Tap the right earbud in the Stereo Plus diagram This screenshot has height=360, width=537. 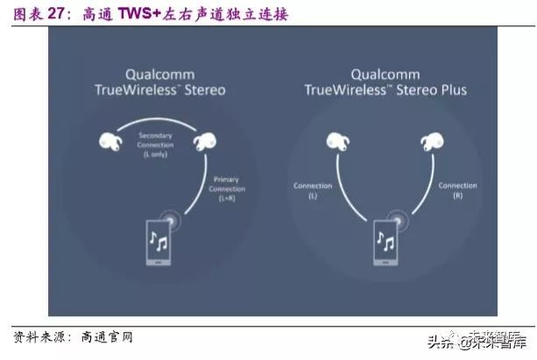pos(431,140)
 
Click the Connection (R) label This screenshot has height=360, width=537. pos(457,190)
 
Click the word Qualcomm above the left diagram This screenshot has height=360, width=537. pos(160,75)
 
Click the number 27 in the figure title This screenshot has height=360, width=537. pos(56,15)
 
